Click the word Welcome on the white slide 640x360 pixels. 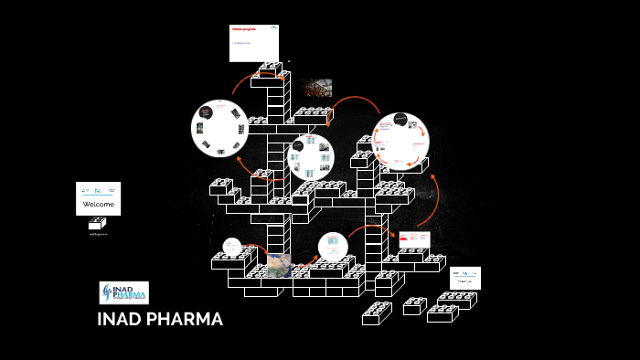[x=98, y=205]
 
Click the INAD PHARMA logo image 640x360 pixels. [x=123, y=292]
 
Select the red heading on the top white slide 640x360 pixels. [x=243, y=29]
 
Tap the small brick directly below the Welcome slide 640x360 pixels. [x=97, y=222]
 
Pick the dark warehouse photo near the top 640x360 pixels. [x=316, y=88]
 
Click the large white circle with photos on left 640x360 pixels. [x=219, y=127]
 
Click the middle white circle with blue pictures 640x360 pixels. [x=311, y=157]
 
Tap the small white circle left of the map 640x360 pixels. [x=233, y=247]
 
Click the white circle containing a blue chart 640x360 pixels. [x=333, y=247]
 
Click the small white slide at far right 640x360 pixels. [x=464, y=278]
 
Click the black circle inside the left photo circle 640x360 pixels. [x=207, y=113]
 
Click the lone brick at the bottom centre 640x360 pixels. [x=377, y=313]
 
